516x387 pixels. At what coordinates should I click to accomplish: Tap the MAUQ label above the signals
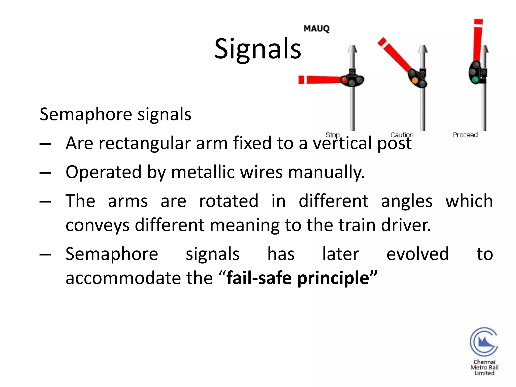tap(316, 29)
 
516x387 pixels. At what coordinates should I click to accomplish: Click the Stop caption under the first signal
tap(333, 135)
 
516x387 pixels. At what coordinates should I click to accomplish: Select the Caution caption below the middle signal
tap(402, 135)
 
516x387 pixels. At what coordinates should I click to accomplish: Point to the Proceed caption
tap(465, 135)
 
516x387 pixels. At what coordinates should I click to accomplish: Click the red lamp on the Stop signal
tap(344, 80)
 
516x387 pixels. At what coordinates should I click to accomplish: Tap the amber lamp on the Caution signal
tap(415, 81)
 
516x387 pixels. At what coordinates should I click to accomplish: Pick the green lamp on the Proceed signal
tap(475, 80)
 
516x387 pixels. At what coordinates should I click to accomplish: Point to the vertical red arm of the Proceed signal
tap(477, 40)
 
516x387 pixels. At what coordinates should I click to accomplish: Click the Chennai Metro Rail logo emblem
tap(484, 342)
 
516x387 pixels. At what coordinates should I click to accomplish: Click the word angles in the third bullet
tap(407, 201)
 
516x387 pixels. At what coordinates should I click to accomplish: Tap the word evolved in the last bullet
tap(417, 254)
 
